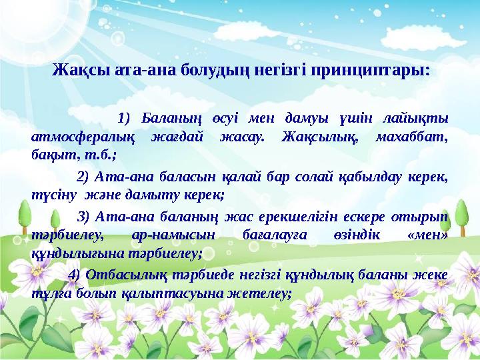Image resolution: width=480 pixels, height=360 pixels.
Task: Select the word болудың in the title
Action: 213,71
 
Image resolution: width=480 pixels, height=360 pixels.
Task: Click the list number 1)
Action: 124,118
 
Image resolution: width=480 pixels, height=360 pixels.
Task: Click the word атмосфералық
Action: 83,137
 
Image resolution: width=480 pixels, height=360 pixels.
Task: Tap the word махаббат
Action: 412,137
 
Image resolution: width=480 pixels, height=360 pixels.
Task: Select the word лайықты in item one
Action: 416,119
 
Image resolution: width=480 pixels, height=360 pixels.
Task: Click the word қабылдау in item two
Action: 371,177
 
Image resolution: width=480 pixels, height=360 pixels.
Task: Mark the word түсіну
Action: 53,195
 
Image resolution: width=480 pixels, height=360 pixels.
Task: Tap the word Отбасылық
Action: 127,275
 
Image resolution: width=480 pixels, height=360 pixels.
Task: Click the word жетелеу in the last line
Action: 259,294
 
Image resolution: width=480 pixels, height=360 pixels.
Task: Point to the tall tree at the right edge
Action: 461,217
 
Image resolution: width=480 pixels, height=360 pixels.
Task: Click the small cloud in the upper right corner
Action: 423,38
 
